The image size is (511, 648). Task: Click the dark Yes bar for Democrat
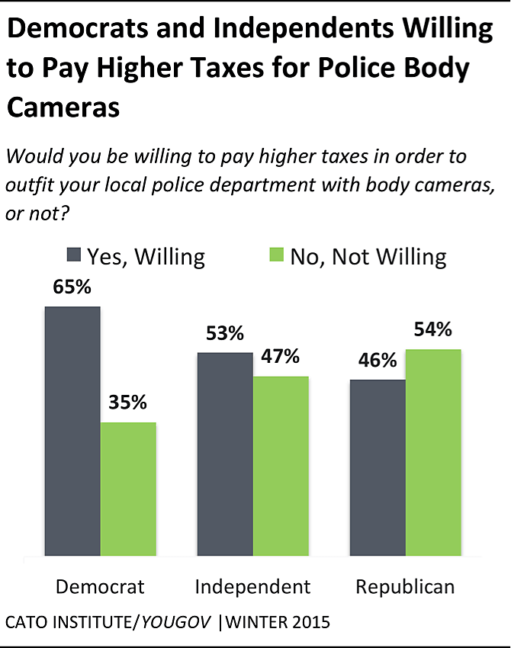click(72, 431)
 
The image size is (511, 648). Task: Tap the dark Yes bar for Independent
click(225, 454)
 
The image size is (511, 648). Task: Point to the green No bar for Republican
click(433, 453)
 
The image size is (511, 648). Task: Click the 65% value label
click(72, 290)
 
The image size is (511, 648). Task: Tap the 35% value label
click(127, 403)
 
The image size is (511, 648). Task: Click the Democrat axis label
click(100, 586)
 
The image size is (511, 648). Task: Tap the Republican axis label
click(405, 586)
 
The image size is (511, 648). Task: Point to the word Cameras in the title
click(63, 107)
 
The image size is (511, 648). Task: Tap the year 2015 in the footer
click(310, 622)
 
